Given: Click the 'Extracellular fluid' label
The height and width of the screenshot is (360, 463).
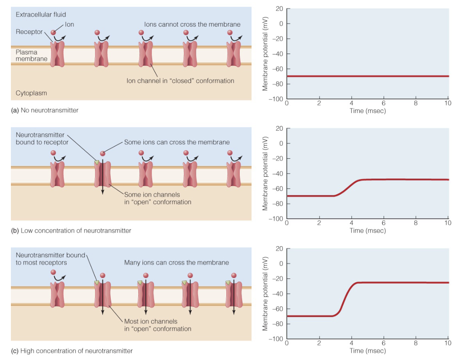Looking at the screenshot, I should [x=41, y=15].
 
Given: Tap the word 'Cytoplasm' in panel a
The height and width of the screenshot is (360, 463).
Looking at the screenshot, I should [x=31, y=93].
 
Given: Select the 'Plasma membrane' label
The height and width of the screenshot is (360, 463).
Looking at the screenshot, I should [x=31, y=55].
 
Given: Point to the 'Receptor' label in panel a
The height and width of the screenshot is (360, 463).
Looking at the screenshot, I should [x=29, y=32].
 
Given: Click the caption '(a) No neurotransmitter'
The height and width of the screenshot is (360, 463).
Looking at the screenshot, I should [x=45, y=111].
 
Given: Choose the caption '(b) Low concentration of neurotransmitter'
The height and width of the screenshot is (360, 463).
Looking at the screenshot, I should [x=71, y=231].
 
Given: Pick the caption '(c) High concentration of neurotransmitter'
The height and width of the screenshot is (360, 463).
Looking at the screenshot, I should [x=72, y=351].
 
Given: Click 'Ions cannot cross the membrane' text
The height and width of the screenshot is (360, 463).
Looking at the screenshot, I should [x=192, y=24].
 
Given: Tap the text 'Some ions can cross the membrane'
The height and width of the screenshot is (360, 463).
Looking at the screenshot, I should [x=177, y=142].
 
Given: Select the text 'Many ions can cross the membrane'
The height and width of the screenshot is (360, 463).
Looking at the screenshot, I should [x=176, y=262].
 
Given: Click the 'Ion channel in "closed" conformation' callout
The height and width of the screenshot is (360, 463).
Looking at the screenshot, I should [x=180, y=81].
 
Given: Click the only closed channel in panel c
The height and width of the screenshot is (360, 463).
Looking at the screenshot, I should [x=57, y=296].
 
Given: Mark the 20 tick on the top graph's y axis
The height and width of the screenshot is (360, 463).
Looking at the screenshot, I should [x=279, y=9].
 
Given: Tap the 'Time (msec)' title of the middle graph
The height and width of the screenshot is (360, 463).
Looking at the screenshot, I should [x=368, y=231].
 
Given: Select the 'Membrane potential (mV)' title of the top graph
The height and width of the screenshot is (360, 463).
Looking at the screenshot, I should [x=265, y=54].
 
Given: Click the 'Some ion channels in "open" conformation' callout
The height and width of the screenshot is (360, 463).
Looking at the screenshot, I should [x=157, y=198].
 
